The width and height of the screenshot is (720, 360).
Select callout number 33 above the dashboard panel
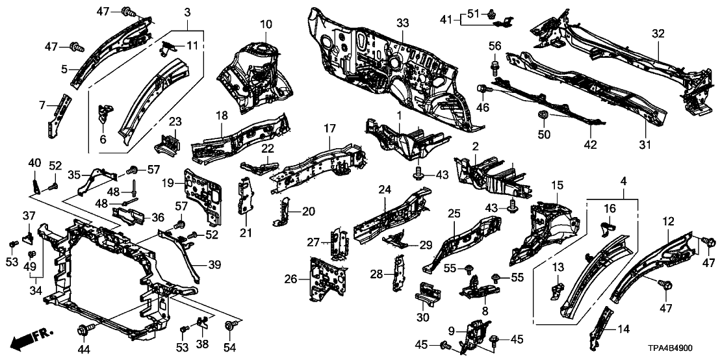click(x=403, y=23)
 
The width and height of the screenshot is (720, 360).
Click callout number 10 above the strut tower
click(x=266, y=25)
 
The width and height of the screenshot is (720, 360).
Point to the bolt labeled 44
click(x=84, y=328)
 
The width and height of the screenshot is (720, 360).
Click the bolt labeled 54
click(x=229, y=324)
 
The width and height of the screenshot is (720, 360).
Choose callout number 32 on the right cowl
click(x=658, y=34)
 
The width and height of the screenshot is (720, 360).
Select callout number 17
click(x=329, y=128)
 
